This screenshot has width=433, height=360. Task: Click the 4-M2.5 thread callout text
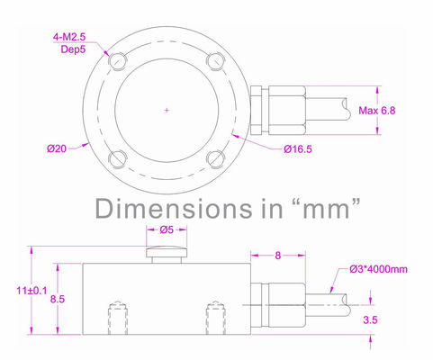click(69, 37)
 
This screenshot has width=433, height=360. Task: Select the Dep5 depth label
click(73, 49)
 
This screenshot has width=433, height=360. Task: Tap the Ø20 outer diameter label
click(57, 148)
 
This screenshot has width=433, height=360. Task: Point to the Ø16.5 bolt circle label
click(298, 149)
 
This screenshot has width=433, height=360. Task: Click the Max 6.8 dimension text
click(377, 111)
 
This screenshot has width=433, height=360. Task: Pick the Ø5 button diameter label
click(167, 229)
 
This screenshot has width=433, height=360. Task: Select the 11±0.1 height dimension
click(32, 291)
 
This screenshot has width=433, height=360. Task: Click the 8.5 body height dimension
click(58, 299)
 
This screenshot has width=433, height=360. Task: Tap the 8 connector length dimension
click(278, 256)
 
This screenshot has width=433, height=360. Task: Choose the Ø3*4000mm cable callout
click(378, 269)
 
